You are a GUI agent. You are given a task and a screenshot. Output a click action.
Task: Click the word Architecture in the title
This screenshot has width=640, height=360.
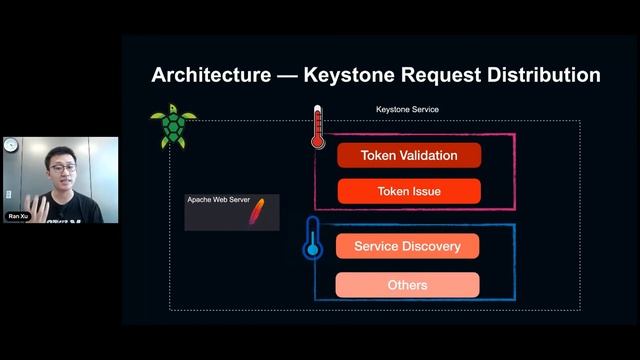coord(210,75)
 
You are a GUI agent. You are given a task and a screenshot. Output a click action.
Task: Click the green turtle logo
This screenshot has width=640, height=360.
coord(172,127)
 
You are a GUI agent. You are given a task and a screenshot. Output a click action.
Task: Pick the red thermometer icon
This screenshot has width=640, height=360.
coord(318,128)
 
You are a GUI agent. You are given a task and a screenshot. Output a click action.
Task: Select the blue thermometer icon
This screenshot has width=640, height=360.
coord(313,238)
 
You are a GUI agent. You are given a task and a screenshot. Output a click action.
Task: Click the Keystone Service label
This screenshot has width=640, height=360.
coord(407,109)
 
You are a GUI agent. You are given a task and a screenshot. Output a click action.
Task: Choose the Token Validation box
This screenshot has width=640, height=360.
coord(409,156)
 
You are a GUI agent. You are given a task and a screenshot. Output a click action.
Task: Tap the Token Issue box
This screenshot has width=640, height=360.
coord(409,191)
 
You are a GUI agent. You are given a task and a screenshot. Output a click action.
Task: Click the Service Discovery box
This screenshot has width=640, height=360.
coord(407,246)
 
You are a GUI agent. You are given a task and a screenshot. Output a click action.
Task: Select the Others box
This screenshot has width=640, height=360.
coord(407,285)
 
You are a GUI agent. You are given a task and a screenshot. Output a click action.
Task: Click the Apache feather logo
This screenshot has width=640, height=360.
coord(257,212)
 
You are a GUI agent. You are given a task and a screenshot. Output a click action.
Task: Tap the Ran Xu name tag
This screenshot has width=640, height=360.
coord(18,216)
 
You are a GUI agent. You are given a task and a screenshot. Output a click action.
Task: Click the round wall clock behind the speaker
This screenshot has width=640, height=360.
coord(11,145)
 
